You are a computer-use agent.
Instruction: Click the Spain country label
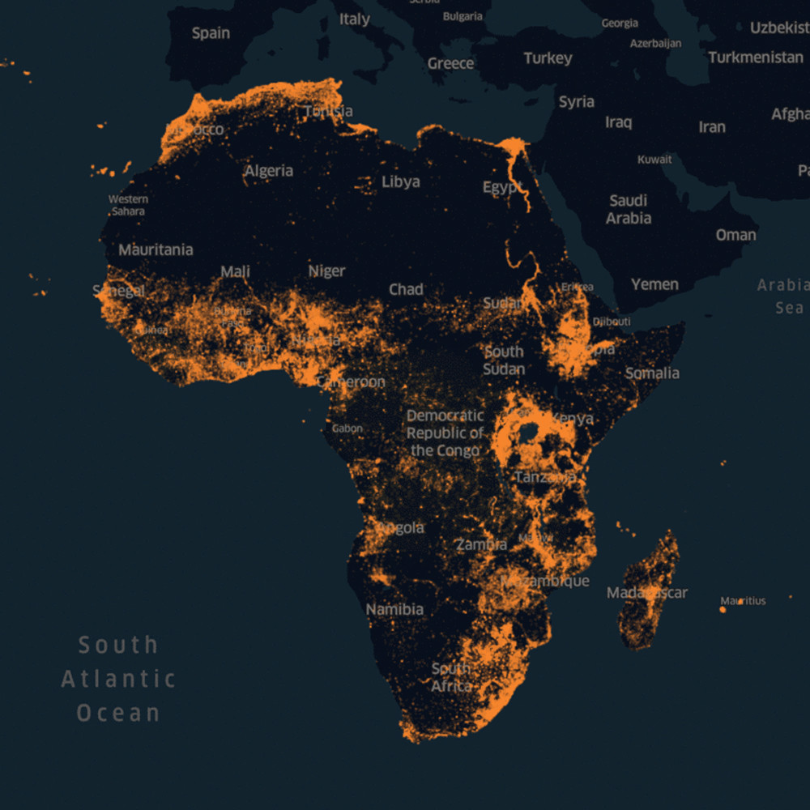tap(211, 33)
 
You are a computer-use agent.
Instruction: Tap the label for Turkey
tap(548, 58)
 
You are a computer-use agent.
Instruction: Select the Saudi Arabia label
tap(629, 209)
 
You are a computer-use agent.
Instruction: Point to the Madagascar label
tap(647, 593)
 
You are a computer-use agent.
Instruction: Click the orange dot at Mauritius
tap(723, 608)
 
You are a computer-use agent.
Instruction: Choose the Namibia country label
tap(394, 609)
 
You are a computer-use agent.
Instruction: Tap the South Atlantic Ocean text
tap(118, 679)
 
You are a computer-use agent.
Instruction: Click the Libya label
tap(401, 181)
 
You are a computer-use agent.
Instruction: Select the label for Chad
tap(406, 289)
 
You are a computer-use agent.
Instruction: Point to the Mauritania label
tap(156, 249)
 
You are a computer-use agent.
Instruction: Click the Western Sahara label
tap(128, 205)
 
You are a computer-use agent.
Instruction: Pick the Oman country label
tap(735, 235)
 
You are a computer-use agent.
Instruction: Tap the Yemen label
tap(654, 284)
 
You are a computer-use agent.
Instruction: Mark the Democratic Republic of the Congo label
tap(445, 433)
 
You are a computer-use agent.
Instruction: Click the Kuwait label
tap(654, 160)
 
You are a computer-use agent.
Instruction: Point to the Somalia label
tap(652, 373)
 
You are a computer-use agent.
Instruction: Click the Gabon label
tap(347, 428)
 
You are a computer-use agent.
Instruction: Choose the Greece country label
tap(450, 63)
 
